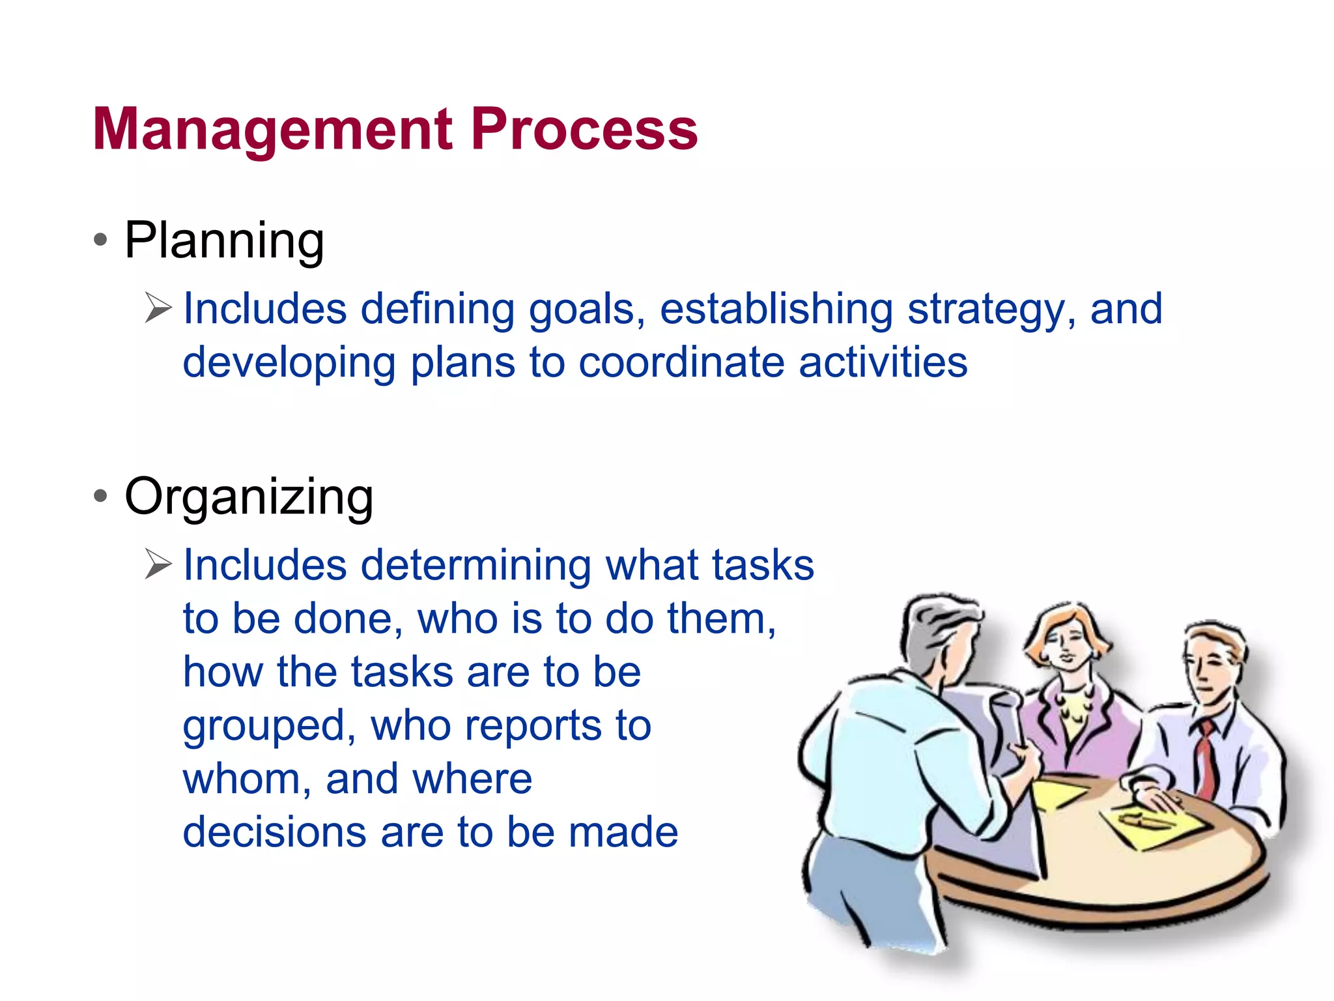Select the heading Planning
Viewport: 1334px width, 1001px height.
pos(224,240)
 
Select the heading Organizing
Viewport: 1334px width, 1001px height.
pos(249,497)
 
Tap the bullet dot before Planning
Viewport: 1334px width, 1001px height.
pos(100,240)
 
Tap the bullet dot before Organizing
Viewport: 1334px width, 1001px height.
pos(100,496)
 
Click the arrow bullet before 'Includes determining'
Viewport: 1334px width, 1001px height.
pos(158,564)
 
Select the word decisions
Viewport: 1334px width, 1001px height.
pos(274,833)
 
